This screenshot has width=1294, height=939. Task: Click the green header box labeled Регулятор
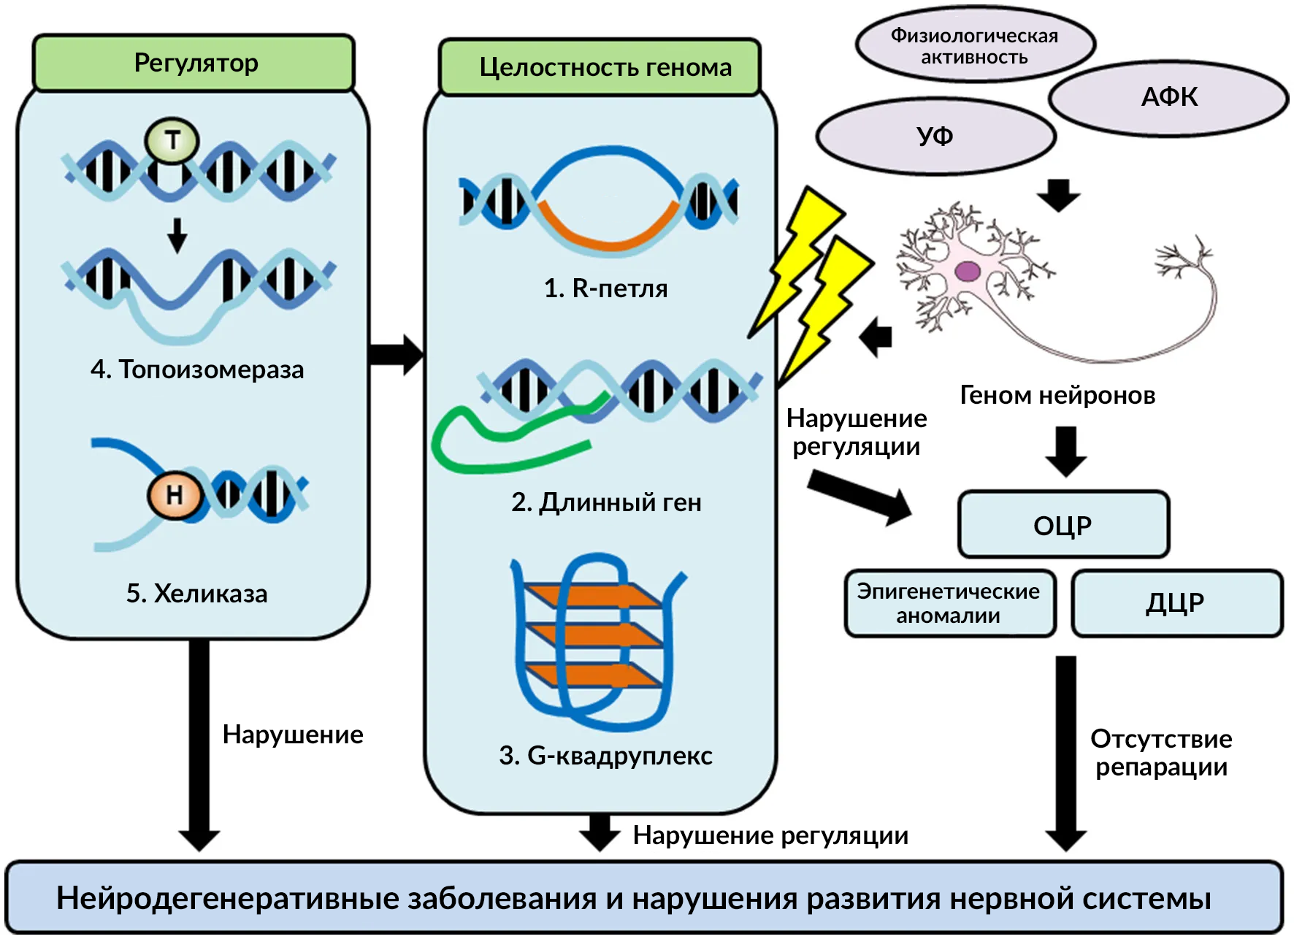tap(194, 63)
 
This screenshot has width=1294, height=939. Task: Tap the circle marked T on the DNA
tap(172, 140)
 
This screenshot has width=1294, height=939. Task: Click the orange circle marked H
tap(175, 495)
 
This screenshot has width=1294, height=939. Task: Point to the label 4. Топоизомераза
tap(197, 369)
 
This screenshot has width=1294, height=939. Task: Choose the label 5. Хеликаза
tap(196, 594)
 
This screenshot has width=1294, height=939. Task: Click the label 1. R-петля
tap(605, 288)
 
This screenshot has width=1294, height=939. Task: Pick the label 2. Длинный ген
tap(606, 502)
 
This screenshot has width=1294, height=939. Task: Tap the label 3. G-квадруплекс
tap(605, 756)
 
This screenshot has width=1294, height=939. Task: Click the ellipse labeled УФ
tap(935, 137)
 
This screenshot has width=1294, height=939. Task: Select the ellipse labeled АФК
tap(1168, 97)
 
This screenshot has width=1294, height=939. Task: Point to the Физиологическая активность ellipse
tap(974, 45)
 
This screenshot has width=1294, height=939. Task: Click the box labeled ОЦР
tap(1063, 525)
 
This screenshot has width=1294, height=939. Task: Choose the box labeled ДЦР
tap(1176, 603)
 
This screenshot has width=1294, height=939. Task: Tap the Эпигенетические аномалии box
tap(949, 603)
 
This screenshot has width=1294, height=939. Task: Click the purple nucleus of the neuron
tap(968, 272)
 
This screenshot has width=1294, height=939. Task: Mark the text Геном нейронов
tap(1057, 395)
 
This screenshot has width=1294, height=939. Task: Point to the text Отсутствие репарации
tap(1161, 753)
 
